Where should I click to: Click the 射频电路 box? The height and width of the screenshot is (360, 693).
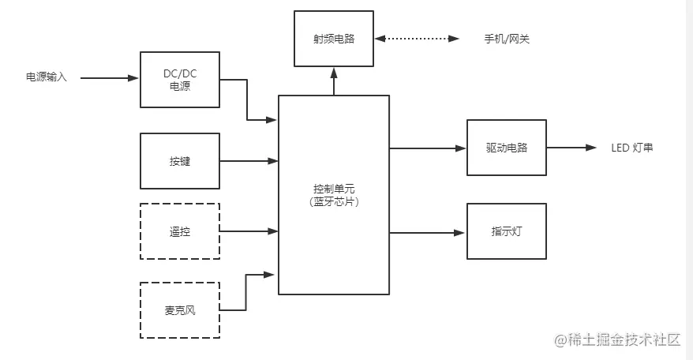pos(333,39)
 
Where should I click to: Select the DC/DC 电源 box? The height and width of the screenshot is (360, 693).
pos(179,80)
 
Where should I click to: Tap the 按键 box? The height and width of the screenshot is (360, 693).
pos(179,161)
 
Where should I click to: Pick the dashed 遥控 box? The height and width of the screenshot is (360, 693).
pos(179,231)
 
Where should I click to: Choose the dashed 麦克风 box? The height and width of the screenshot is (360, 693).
pos(179,310)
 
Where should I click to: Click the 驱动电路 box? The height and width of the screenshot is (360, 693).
pos(506,148)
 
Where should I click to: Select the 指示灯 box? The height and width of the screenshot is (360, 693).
pos(506,231)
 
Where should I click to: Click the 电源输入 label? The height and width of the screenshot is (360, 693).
pos(47,77)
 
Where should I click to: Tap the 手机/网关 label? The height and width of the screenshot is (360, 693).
pos(506,39)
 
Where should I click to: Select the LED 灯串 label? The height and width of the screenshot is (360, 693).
pos(632,148)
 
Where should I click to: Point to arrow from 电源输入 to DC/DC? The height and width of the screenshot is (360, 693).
pos(109,78)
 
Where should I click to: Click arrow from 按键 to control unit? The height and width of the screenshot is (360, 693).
pos(249,162)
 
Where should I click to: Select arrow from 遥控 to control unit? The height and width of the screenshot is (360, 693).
pos(249,231)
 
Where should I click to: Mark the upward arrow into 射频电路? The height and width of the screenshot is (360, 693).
pos(333,81)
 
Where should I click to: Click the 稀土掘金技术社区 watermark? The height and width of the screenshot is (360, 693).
pos(616,340)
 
